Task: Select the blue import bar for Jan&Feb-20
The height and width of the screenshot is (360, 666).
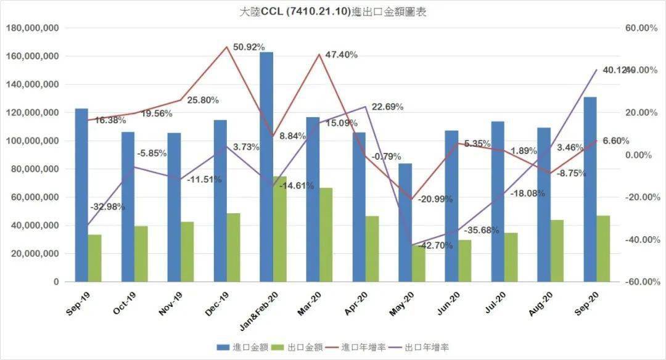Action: pos(266,166)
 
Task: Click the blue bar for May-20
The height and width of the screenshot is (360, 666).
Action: pos(405,222)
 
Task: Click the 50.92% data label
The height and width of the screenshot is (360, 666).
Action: pos(249,47)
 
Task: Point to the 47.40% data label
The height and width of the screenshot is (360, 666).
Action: pos(341,55)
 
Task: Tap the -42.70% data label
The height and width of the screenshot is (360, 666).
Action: pos(435,246)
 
